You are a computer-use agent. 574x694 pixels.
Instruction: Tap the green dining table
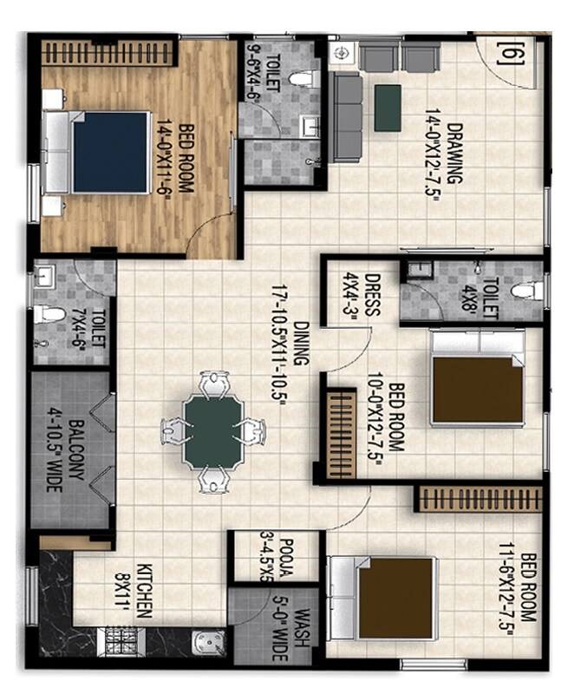[214, 431]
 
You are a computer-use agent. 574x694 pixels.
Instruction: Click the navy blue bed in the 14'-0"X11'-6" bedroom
[109, 153]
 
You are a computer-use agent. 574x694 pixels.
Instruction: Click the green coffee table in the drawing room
[388, 108]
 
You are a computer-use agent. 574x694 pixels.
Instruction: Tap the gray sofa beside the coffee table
[348, 117]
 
